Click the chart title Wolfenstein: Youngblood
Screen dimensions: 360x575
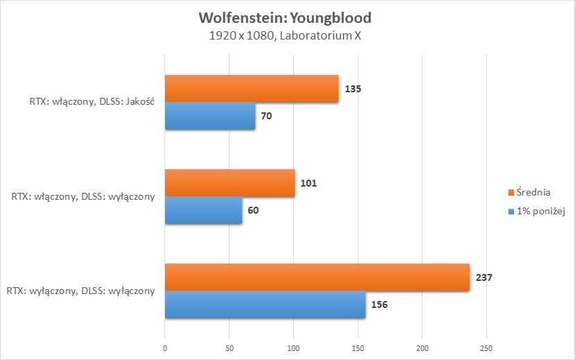(284, 17)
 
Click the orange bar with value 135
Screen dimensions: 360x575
(252, 89)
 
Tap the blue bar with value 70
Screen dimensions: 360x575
(210, 116)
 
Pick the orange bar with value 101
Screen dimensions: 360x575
(230, 183)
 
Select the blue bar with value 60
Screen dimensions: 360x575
(203, 210)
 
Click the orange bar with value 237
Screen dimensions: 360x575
(317, 277)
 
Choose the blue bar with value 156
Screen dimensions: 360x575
(265, 305)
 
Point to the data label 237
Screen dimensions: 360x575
(483, 277)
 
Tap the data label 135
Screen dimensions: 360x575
(353, 89)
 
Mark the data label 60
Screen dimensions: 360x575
(255, 210)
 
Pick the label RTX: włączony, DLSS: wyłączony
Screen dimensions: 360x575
(83, 197)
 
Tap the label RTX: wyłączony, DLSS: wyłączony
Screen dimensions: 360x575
(81, 291)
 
